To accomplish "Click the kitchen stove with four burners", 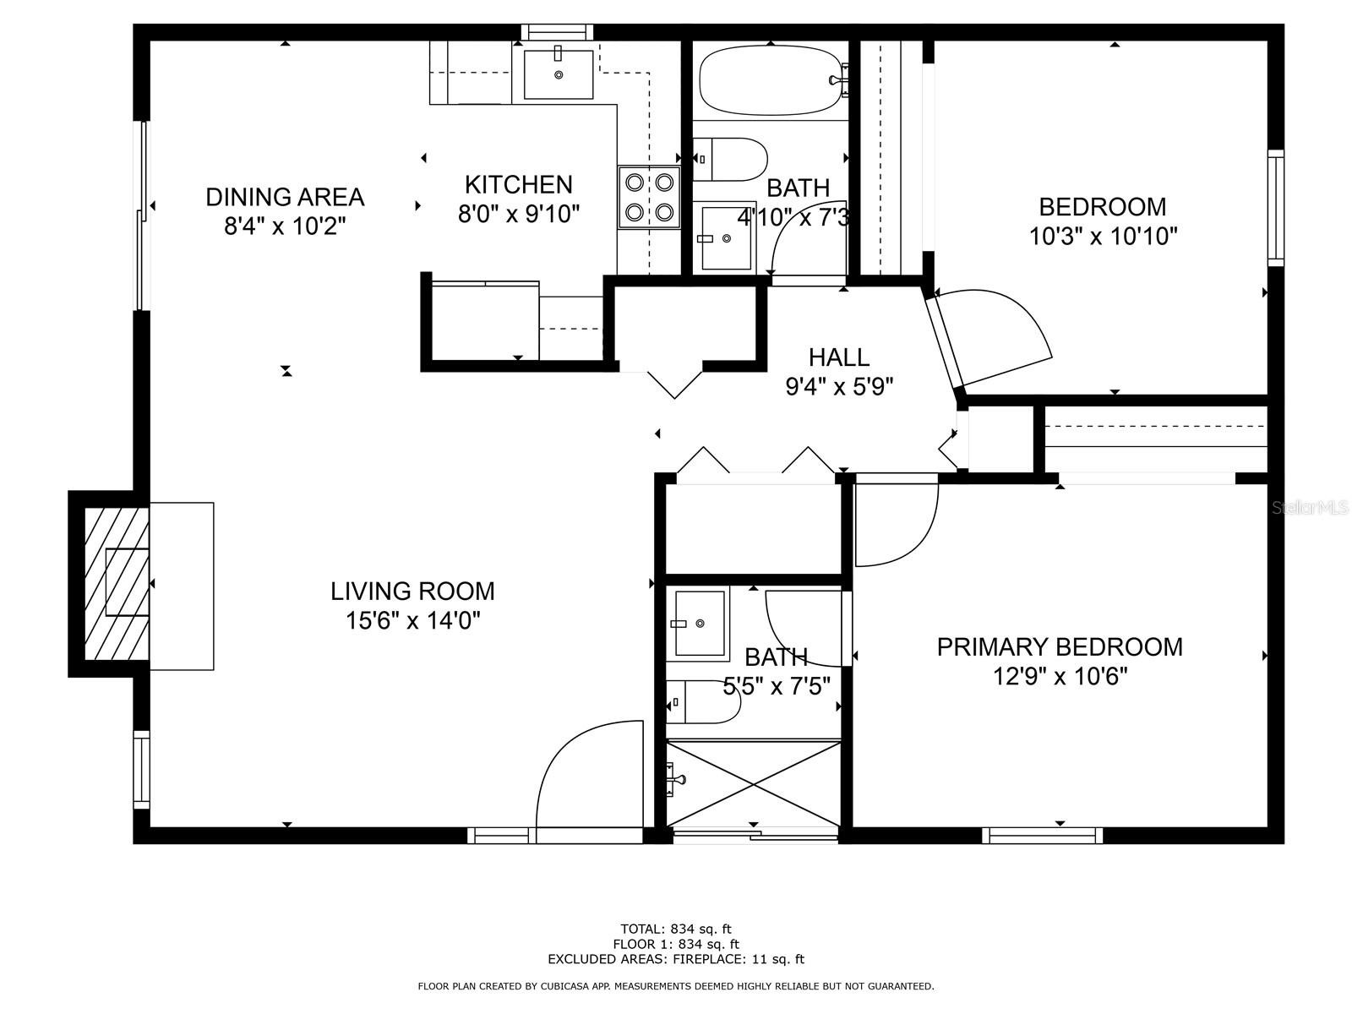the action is click(x=649, y=197).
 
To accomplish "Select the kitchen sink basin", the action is click(x=558, y=74).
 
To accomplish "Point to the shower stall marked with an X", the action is click(x=754, y=784).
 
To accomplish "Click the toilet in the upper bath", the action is click(x=731, y=160).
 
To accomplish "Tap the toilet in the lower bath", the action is click(x=703, y=701).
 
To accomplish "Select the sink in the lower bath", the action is click(x=699, y=624).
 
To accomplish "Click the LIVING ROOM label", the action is click(x=412, y=591).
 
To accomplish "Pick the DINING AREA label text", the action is click(x=285, y=197).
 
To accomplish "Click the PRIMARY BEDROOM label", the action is click(x=1060, y=647).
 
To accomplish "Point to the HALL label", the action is click(x=839, y=357).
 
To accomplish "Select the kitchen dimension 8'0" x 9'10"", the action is click(x=519, y=215).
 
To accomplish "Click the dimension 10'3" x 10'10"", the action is click(x=1104, y=237).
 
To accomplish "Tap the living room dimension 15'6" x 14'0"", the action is click(x=412, y=620).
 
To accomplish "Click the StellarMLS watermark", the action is click(x=1310, y=508).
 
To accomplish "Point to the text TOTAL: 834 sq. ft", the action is click(x=676, y=929).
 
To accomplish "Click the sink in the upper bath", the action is click(x=726, y=237).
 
